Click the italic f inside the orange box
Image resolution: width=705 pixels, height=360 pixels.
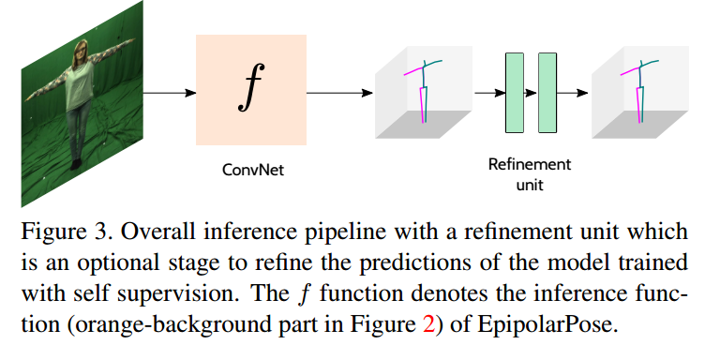click(249, 91)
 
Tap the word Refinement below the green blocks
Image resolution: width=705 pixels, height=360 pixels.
click(530, 165)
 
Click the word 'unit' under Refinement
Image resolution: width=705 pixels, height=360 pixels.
click(530, 185)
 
